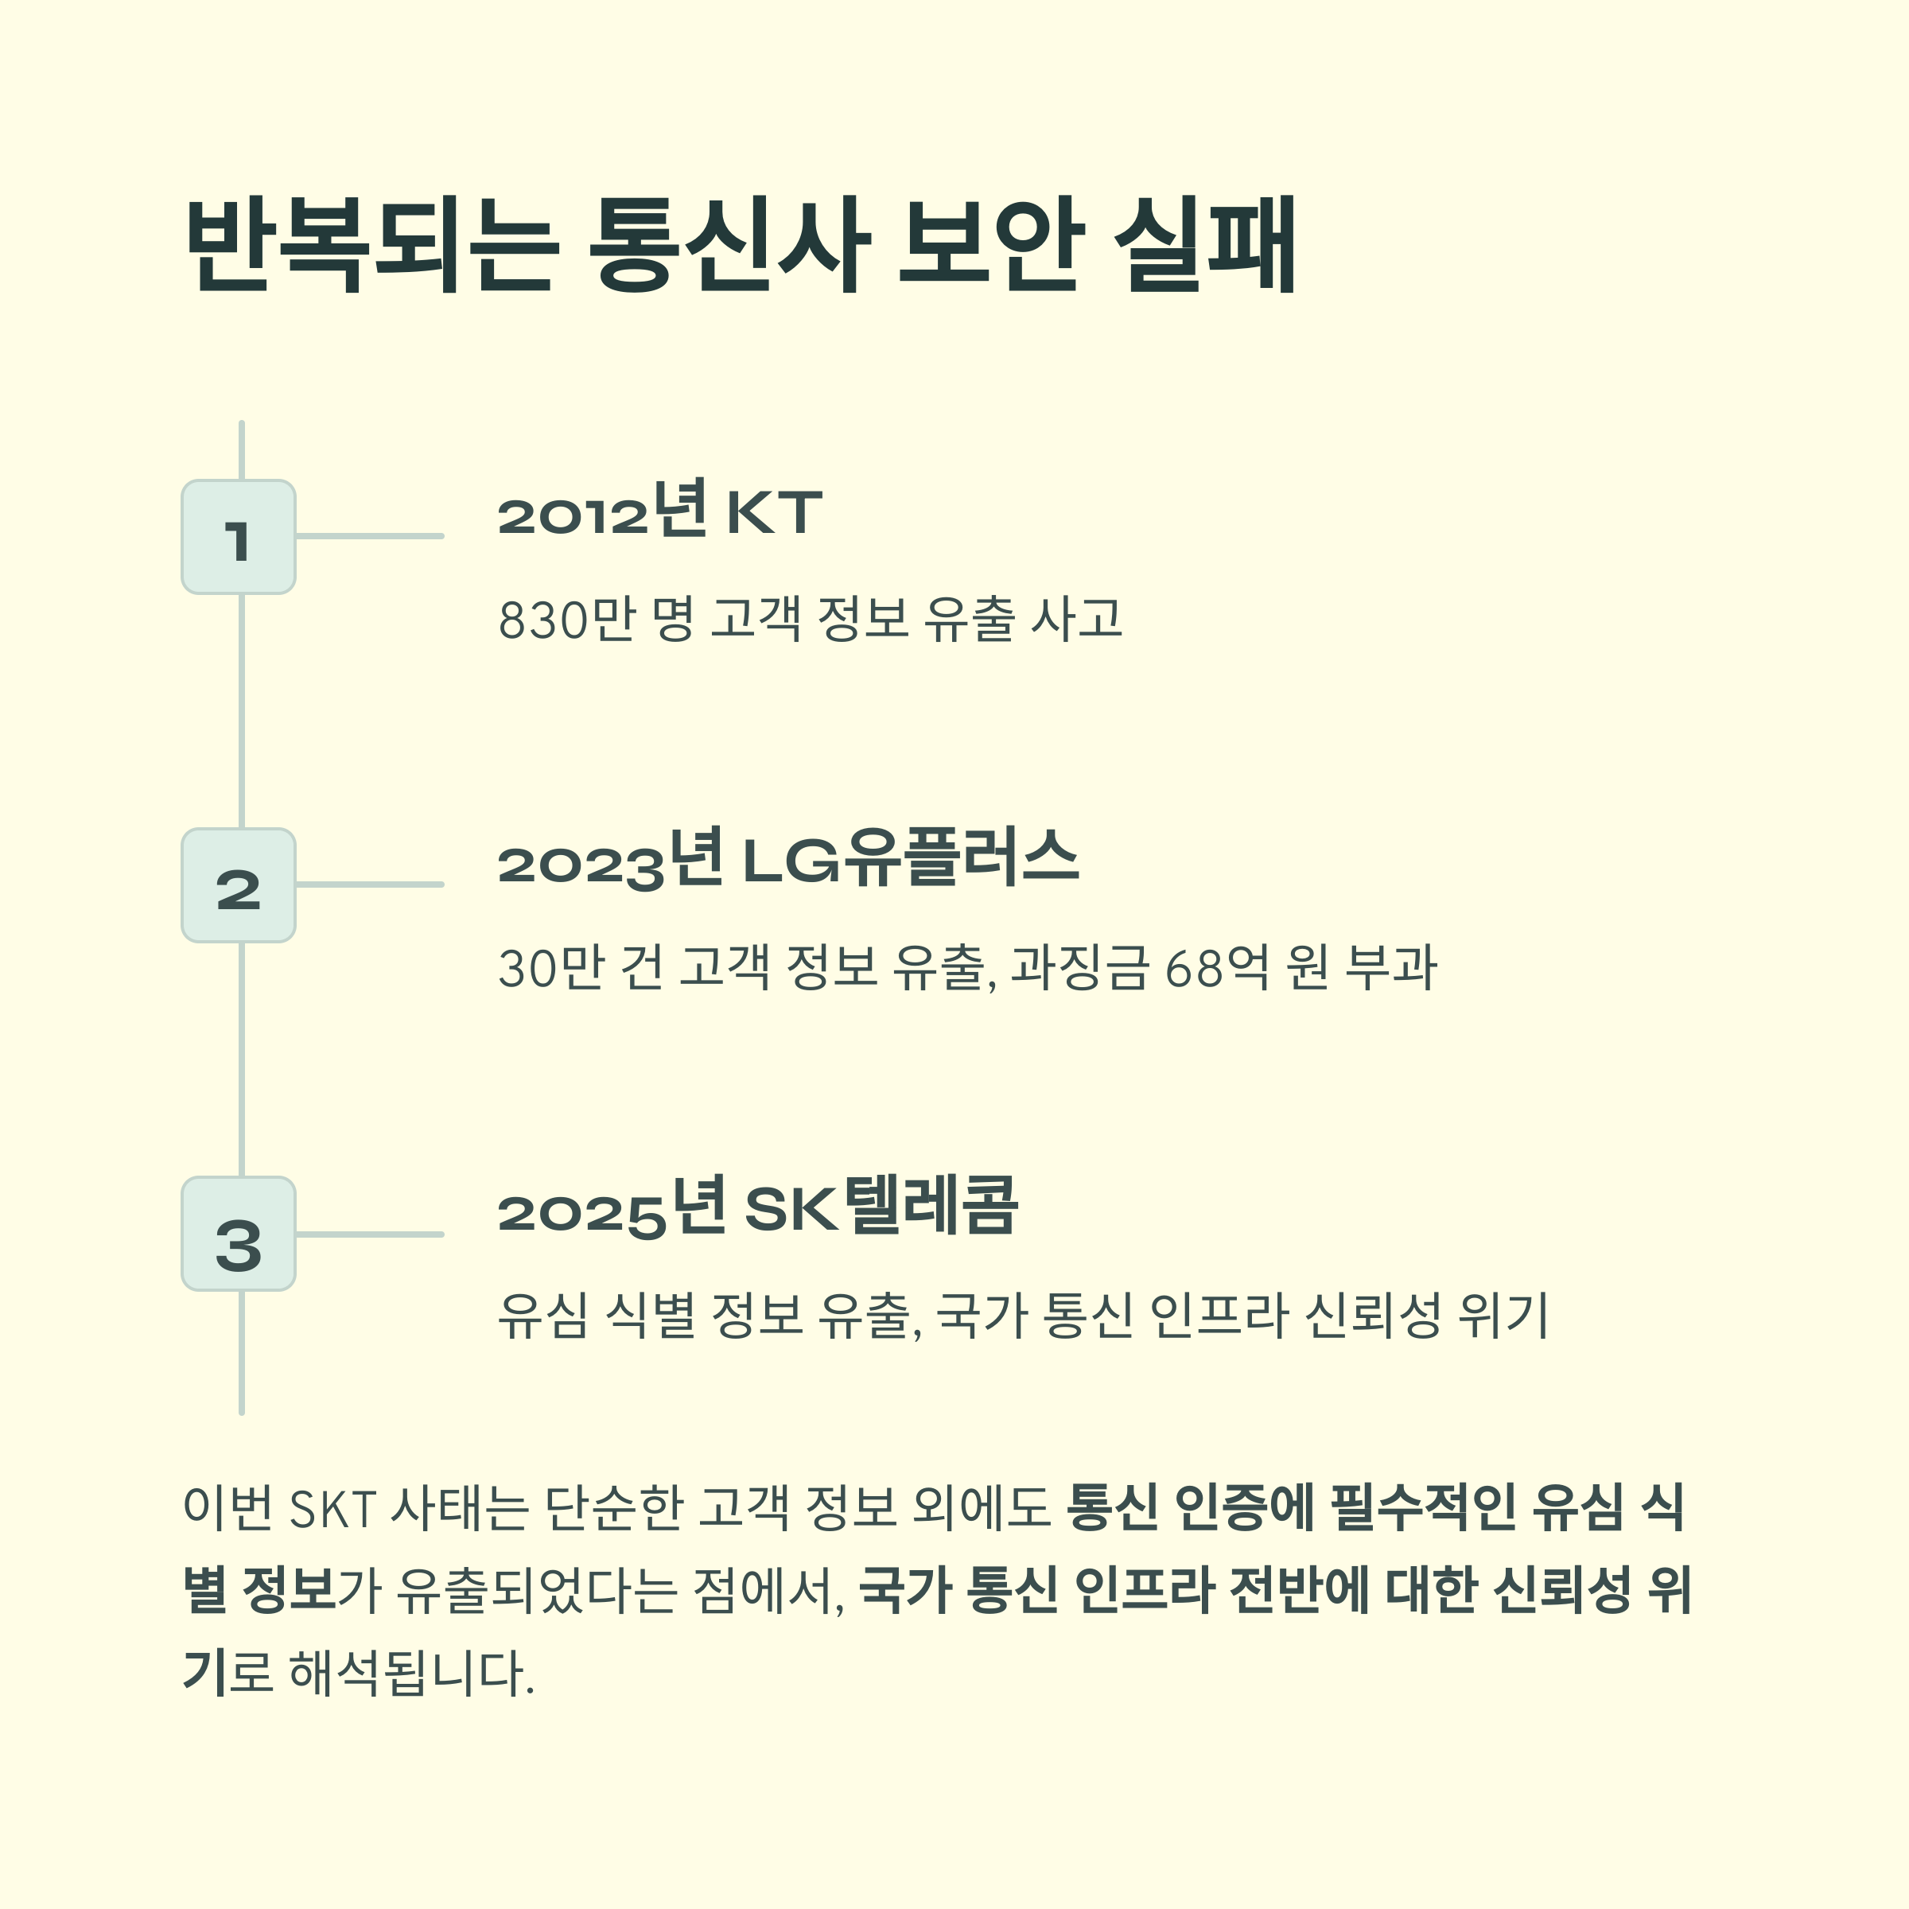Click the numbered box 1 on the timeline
pos(238,537)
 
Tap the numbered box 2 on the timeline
pos(238,885)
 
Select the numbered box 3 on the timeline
pos(238,1233)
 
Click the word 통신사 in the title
pos(729,244)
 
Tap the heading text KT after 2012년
pos(774,513)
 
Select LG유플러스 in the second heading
pos(910,860)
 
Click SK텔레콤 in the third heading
pos(881,1207)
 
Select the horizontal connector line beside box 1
pos(370,537)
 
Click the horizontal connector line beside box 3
pos(370,1234)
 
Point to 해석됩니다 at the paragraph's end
pos(411,1674)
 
